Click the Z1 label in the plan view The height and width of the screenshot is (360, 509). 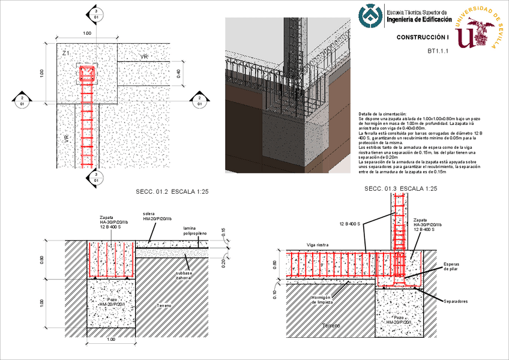(67, 55)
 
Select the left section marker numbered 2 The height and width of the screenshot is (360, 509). (22, 100)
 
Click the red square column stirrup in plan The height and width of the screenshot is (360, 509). (87, 73)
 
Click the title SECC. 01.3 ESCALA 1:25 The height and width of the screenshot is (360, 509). (400, 189)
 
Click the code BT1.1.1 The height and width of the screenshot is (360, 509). (438, 52)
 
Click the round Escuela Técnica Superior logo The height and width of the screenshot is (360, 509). (370, 17)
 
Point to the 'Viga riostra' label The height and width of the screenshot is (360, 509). (318, 245)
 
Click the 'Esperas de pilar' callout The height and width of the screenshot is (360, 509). (450, 267)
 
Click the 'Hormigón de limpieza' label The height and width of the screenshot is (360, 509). (324, 300)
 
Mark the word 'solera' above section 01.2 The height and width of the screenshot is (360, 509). (149, 214)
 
